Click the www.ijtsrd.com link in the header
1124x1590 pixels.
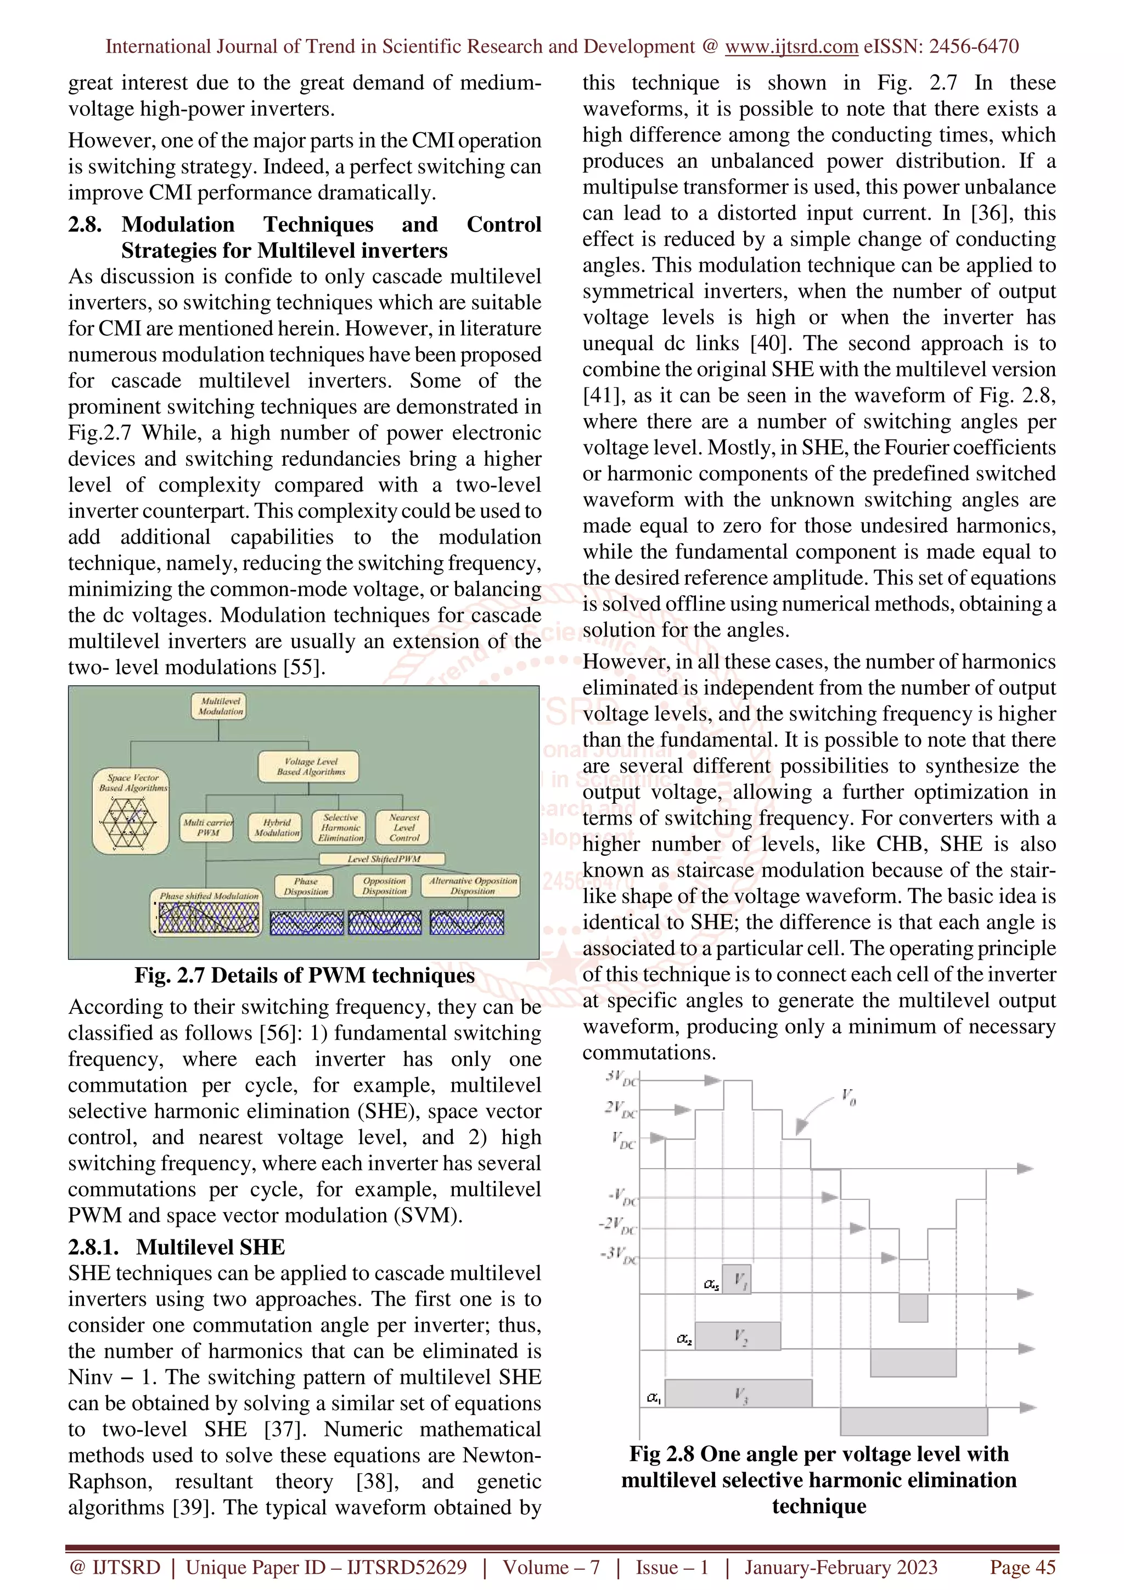click(791, 47)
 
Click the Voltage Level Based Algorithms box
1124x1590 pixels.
click(309, 766)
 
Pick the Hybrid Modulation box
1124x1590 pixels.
click(275, 827)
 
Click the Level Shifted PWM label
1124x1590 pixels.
click(383, 859)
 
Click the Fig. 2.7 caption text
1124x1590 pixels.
click(304, 975)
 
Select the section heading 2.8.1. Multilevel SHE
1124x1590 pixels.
click(176, 1247)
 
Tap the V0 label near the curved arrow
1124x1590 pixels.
click(848, 1096)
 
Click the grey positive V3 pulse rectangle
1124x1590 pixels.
click(738, 1392)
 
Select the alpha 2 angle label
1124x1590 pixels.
click(683, 1339)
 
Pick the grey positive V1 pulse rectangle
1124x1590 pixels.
click(736, 1278)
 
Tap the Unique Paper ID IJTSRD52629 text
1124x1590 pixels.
click(325, 1567)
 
